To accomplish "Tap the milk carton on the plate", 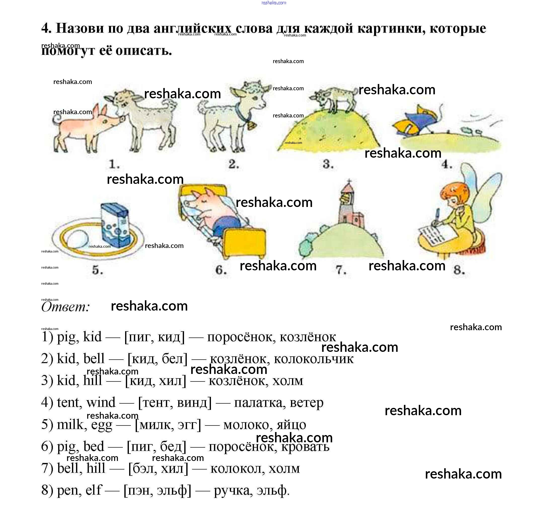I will click(x=115, y=226).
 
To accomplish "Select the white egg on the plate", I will click(x=77, y=239).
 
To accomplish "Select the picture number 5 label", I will click(x=97, y=270).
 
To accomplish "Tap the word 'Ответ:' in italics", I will click(x=65, y=307).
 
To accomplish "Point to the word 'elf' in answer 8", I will click(x=93, y=490).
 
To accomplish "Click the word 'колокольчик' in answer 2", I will click(x=313, y=359).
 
